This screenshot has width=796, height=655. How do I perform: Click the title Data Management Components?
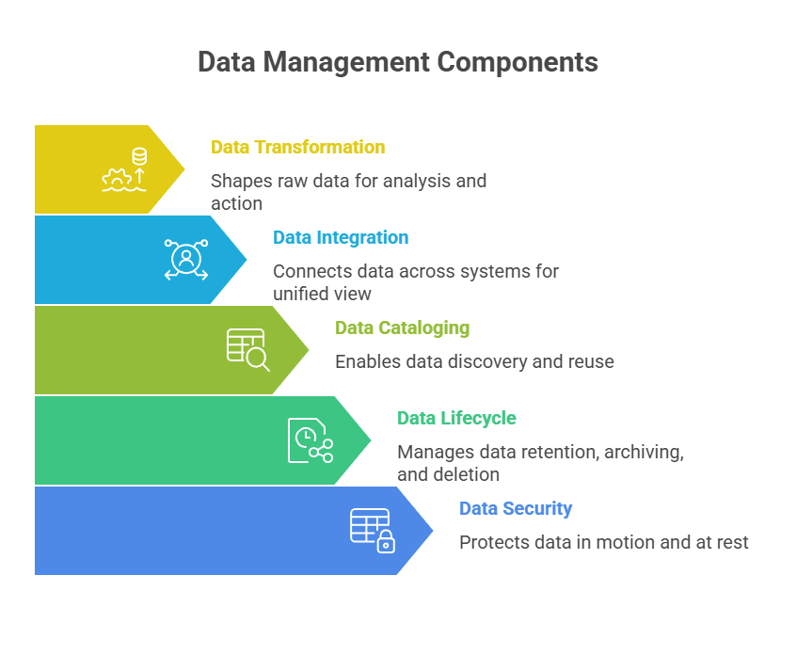click(x=397, y=62)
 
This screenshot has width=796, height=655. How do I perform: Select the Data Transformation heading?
click(x=297, y=147)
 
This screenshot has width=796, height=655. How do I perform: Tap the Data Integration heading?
click(x=341, y=237)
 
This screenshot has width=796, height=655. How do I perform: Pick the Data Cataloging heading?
click(x=402, y=327)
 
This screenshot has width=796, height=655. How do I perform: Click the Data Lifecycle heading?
click(x=456, y=418)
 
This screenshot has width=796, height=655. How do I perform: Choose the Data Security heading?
click(x=516, y=508)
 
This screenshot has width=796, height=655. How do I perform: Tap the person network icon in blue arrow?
click(x=186, y=259)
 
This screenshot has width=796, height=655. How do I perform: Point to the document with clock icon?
click(x=310, y=439)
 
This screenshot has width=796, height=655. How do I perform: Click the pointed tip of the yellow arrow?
click(x=185, y=169)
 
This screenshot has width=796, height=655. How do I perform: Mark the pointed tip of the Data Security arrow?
click(x=434, y=531)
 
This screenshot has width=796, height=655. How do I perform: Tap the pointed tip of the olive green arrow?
click(x=310, y=350)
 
